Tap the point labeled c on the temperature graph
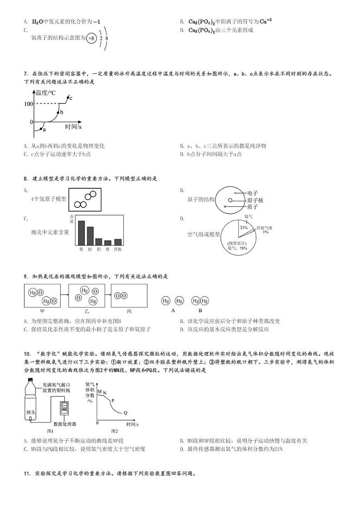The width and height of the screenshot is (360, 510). (68, 97)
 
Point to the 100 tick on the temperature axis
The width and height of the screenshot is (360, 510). (29, 104)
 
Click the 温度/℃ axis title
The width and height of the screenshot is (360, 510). (46, 93)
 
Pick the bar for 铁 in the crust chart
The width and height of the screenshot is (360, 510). (107, 242)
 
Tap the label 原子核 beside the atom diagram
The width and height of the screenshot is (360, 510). (255, 200)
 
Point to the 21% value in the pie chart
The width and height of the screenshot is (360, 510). (243, 227)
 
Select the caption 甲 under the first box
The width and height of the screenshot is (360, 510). (42, 311)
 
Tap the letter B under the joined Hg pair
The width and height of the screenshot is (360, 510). (200, 311)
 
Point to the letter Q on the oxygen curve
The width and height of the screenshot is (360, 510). (126, 412)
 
